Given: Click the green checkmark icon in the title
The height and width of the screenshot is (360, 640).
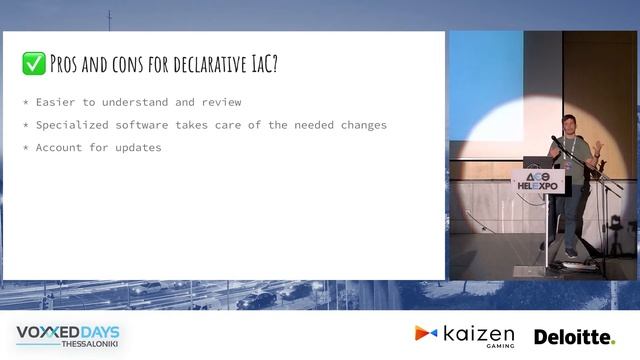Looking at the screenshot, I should (33, 65).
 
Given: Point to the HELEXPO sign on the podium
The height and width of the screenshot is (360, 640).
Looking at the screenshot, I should (539, 181).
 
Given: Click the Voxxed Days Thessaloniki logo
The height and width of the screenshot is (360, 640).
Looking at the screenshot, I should (69, 335).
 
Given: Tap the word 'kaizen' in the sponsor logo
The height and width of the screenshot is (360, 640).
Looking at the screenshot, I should (477, 333).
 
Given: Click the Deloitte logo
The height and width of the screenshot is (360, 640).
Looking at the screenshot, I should (574, 337).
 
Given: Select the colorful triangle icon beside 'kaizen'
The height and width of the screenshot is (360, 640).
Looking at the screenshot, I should (426, 333).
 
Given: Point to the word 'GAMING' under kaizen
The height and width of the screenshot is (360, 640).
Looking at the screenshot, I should (497, 346).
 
